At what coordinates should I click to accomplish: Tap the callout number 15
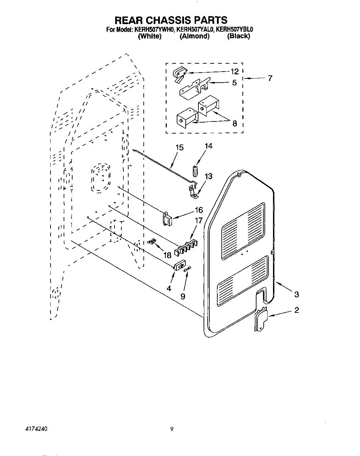[x=179, y=148]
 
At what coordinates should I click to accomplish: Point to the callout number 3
[x=296, y=294]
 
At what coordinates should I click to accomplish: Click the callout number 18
[x=167, y=255]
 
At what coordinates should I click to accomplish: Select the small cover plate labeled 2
[x=260, y=320]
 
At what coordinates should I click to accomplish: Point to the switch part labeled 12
[x=179, y=74]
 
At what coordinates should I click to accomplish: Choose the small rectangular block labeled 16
[x=168, y=219]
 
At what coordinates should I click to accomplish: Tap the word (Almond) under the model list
[x=195, y=36]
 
